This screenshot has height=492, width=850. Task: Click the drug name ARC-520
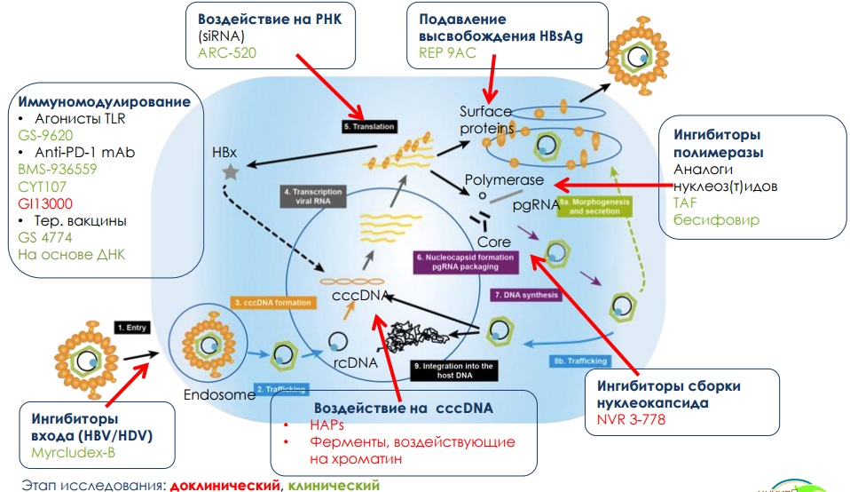(x=221, y=52)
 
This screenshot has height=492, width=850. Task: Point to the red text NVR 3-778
(x=623, y=420)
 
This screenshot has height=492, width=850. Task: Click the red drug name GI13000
(x=44, y=202)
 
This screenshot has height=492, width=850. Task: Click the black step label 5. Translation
(x=369, y=127)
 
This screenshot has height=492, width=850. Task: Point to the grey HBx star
(x=231, y=173)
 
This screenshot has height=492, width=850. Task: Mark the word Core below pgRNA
(x=494, y=242)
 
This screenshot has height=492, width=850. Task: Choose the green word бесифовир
(x=716, y=219)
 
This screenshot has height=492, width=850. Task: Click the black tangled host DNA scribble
(x=413, y=335)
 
